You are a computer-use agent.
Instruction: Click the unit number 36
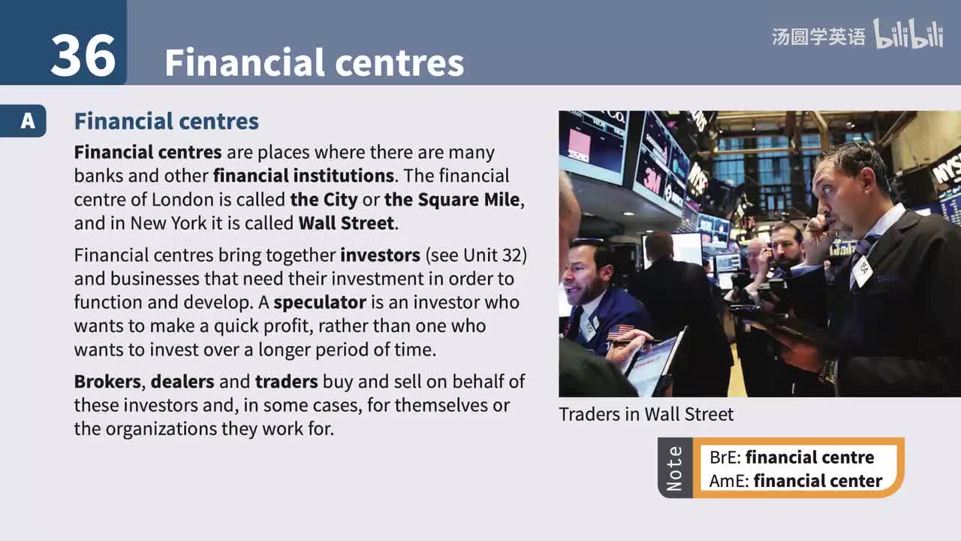coord(83,56)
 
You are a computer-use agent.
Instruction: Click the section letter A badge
coord(27,121)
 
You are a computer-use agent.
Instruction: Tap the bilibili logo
coord(908,35)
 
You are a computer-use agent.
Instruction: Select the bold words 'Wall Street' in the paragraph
coord(346,223)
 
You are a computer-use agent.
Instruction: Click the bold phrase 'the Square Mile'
coord(451,200)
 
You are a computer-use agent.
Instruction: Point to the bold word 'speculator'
coord(319,303)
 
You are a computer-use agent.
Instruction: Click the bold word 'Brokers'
coord(107,382)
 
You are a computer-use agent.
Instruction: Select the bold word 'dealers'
coord(182,382)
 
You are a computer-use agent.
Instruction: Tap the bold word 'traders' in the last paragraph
coord(286,382)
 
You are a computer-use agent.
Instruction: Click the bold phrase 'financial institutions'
coord(303,176)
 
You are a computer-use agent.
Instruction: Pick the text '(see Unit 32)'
coord(476,255)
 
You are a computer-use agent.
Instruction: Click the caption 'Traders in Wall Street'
coord(646,414)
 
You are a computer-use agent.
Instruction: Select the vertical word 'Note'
coord(675,468)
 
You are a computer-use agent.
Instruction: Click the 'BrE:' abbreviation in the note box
coord(725,458)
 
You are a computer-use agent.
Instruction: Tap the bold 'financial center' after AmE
coord(818,481)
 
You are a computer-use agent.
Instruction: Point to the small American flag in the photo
coord(620,331)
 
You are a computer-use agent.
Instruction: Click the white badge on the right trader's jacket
coord(862,270)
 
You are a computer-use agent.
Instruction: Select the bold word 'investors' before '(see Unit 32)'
coord(380,255)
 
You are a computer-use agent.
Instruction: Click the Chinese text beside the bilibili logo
coord(818,37)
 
